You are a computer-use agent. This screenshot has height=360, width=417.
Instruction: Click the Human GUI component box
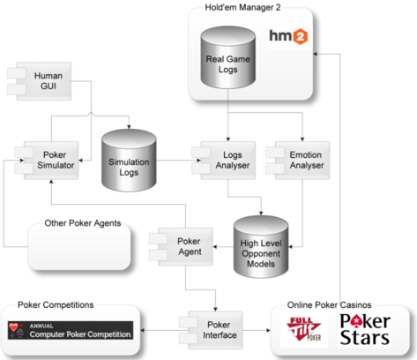40,81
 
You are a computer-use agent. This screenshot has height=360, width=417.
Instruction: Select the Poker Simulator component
47,161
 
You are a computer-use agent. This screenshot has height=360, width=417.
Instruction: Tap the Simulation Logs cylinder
129,161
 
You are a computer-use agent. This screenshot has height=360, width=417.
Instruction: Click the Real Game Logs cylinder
227,57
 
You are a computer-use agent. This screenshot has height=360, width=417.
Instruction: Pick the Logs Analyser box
224,161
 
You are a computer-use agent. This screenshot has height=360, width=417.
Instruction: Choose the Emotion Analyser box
298,161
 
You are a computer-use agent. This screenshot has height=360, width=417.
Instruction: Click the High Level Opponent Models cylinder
261,247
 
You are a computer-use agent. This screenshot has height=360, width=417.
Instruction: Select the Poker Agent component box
181,247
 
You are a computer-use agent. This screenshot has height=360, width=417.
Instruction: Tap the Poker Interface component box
211,330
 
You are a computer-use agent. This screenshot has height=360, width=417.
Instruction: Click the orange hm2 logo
288,36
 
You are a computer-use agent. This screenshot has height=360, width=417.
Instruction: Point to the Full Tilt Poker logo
304,329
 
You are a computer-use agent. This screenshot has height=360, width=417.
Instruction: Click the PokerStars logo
365,329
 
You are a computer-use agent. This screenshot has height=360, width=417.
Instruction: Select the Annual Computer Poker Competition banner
71,330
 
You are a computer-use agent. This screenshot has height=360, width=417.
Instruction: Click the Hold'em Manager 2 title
242,7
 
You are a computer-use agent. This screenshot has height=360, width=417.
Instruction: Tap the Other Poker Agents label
83,223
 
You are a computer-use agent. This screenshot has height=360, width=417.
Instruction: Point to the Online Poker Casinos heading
329,305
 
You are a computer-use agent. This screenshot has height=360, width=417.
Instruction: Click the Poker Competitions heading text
56,305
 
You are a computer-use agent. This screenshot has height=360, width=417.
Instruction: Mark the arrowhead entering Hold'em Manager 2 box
315,54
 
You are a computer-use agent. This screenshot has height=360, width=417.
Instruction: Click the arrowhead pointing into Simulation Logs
129,127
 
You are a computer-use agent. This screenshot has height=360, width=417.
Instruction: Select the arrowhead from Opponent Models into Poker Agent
215,247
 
